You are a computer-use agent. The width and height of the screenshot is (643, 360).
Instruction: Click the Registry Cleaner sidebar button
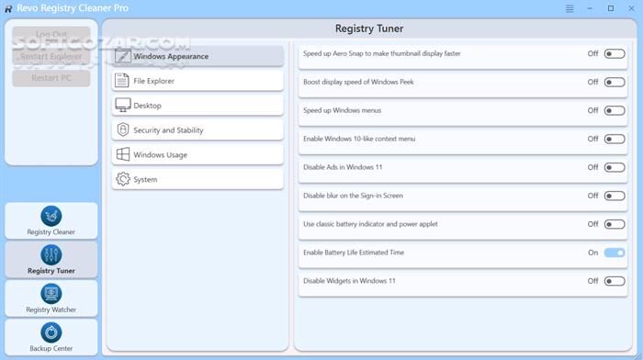tap(51, 220)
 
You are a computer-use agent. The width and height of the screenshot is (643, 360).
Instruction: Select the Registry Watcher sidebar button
tap(51, 298)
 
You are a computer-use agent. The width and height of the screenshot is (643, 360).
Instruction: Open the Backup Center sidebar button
tap(51, 337)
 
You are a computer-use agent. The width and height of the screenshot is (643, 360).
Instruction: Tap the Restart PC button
tap(51, 77)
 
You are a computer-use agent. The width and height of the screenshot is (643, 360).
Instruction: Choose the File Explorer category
tap(197, 81)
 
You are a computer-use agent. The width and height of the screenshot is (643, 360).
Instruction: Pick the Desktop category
tap(197, 106)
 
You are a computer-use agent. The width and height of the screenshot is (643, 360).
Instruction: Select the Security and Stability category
tap(197, 130)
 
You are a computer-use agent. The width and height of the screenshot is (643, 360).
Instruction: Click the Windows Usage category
tap(197, 154)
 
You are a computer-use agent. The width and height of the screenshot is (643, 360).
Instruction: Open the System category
tap(197, 179)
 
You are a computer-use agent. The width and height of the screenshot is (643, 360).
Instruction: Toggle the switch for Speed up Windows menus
tap(615, 111)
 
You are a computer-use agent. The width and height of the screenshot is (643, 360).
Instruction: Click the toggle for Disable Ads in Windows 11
tap(615, 168)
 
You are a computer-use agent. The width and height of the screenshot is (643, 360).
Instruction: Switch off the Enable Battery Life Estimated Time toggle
tap(615, 253)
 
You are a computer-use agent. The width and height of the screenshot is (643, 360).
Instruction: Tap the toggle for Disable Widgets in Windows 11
tap(615, 281)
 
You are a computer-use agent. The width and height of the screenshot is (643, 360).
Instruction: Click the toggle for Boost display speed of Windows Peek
tap(615, 83)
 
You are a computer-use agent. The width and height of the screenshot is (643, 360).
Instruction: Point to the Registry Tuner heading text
tap(369, 28)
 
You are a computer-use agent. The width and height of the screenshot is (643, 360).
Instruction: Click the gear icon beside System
tap(122, 179)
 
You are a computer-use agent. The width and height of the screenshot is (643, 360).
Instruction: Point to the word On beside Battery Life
tap(593, 253)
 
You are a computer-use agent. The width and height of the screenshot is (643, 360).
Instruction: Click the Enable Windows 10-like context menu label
tap(359, 139)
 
